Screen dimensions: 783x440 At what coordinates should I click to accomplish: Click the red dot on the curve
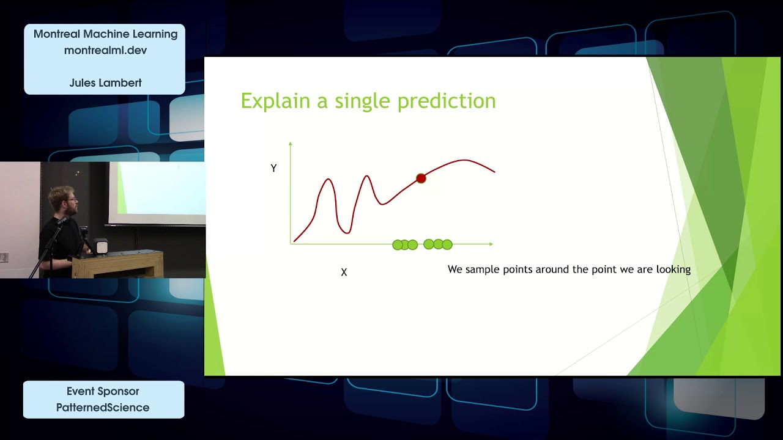tap(421, 178)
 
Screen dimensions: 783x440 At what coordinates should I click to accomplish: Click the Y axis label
tap(273, 168)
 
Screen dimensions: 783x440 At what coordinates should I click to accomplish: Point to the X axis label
tap(344, 273)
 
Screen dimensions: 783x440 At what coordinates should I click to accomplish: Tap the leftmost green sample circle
tap(398, 245)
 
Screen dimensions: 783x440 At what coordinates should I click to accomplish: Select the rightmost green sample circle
tap(447, 245)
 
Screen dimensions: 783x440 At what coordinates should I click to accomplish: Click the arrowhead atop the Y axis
tap(290, 144)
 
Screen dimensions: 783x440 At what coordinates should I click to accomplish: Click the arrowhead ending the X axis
tap(491, 244)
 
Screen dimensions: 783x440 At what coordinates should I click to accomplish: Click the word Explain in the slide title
tap(275, 101)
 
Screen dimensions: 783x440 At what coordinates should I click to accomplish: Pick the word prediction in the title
tap(447, 101)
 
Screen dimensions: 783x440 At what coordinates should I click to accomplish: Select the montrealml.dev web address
tap(106, 50)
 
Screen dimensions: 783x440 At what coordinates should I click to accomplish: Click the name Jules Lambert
tap(106, 82)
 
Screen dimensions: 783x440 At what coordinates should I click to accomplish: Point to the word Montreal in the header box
tap(57, 34)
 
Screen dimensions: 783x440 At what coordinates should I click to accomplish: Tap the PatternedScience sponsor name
tap(103, 408)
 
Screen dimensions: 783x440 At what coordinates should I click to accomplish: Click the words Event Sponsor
tap(103, 391)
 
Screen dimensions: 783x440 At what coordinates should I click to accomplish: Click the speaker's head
tap(64, 201)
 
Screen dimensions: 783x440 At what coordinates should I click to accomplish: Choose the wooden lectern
tap(117, 263)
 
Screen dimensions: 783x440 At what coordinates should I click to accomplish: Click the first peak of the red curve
tap(328, 179)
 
